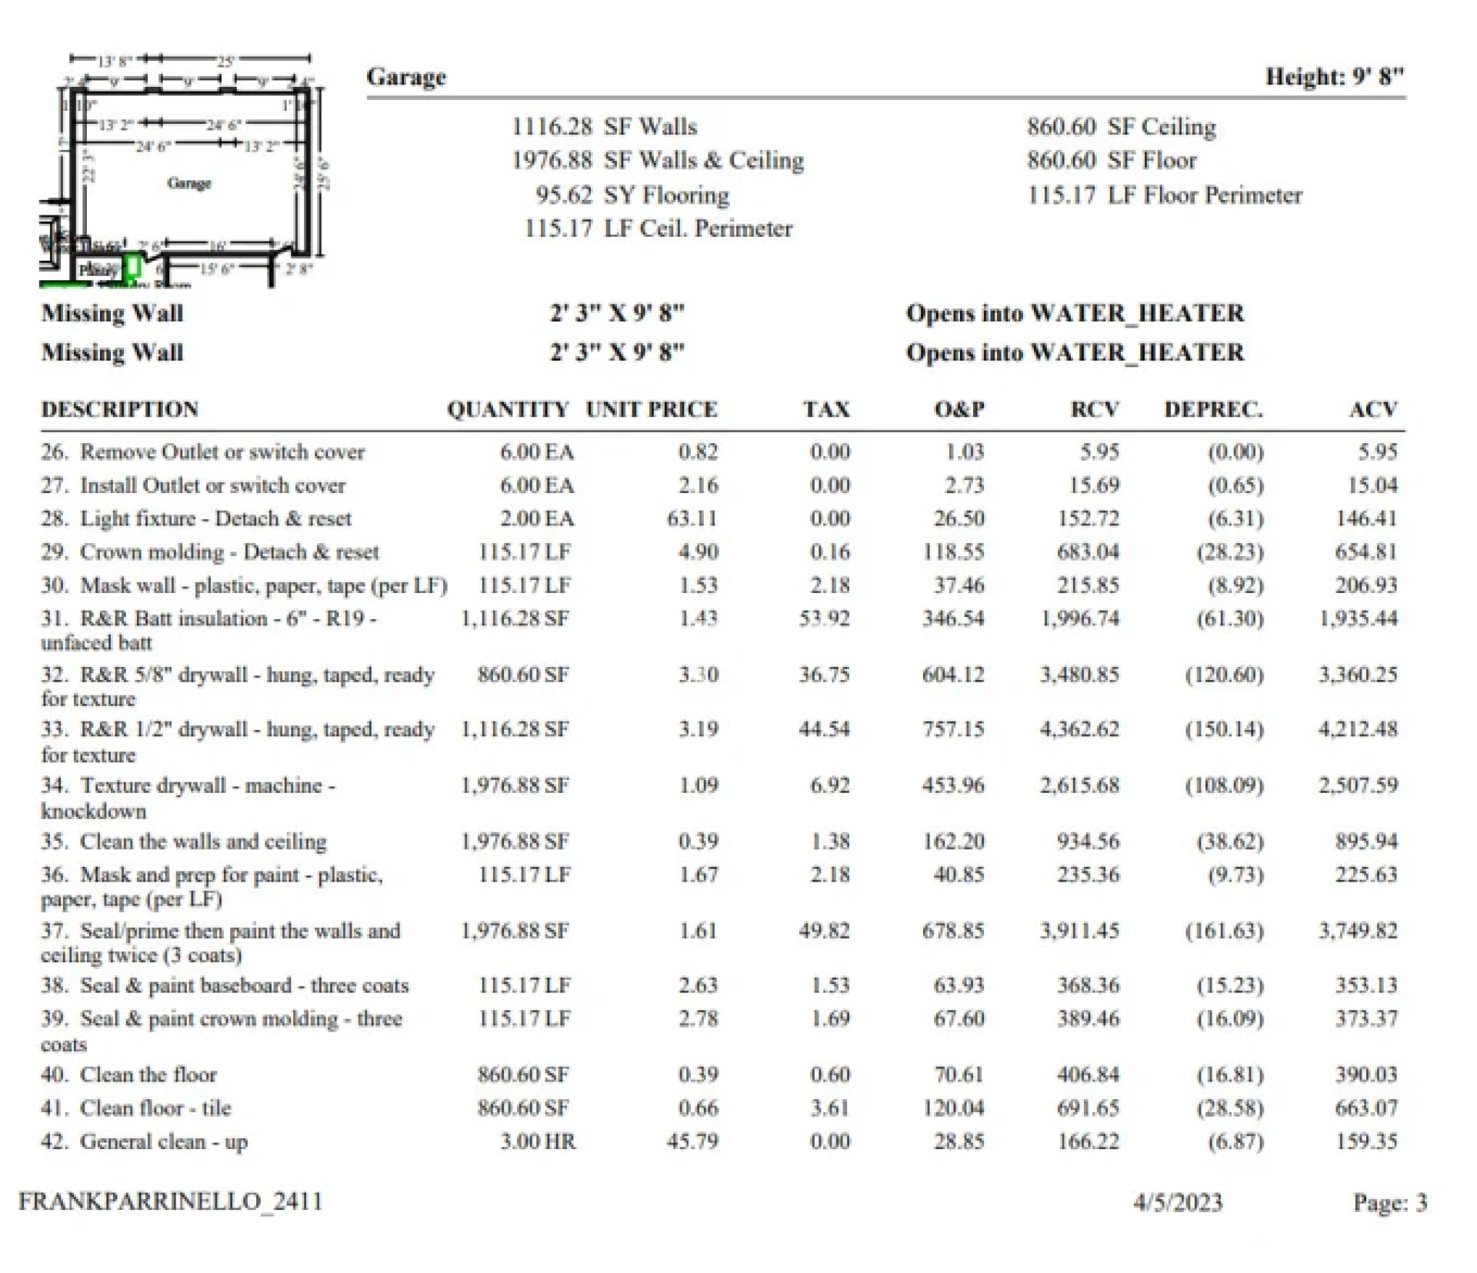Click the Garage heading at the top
tap(406, 77)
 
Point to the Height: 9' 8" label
tap(1335, 77)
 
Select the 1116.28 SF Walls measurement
tap(605, 126)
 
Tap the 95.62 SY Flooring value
tap(632, 195)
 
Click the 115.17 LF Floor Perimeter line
tap(1165, 195)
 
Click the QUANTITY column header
tap(508, 409)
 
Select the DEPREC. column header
tap(1213, 409)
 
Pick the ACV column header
tap(1373, 409)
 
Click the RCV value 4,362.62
tap(1079, 728)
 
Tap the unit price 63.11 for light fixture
tap(692, 518)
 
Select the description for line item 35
tap(203, 841)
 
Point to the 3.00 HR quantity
tap(537, 1141)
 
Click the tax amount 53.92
tap(824, 618)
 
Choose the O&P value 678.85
tap(953, 931)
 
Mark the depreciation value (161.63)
tap(1224, 931)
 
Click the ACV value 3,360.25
tap(1358, 675)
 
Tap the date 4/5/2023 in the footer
tap(1178, 1202)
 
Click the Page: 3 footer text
tap(1389, 1202)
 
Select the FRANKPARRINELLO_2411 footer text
tap(171, 1201)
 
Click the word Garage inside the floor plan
tap(189, 183)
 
